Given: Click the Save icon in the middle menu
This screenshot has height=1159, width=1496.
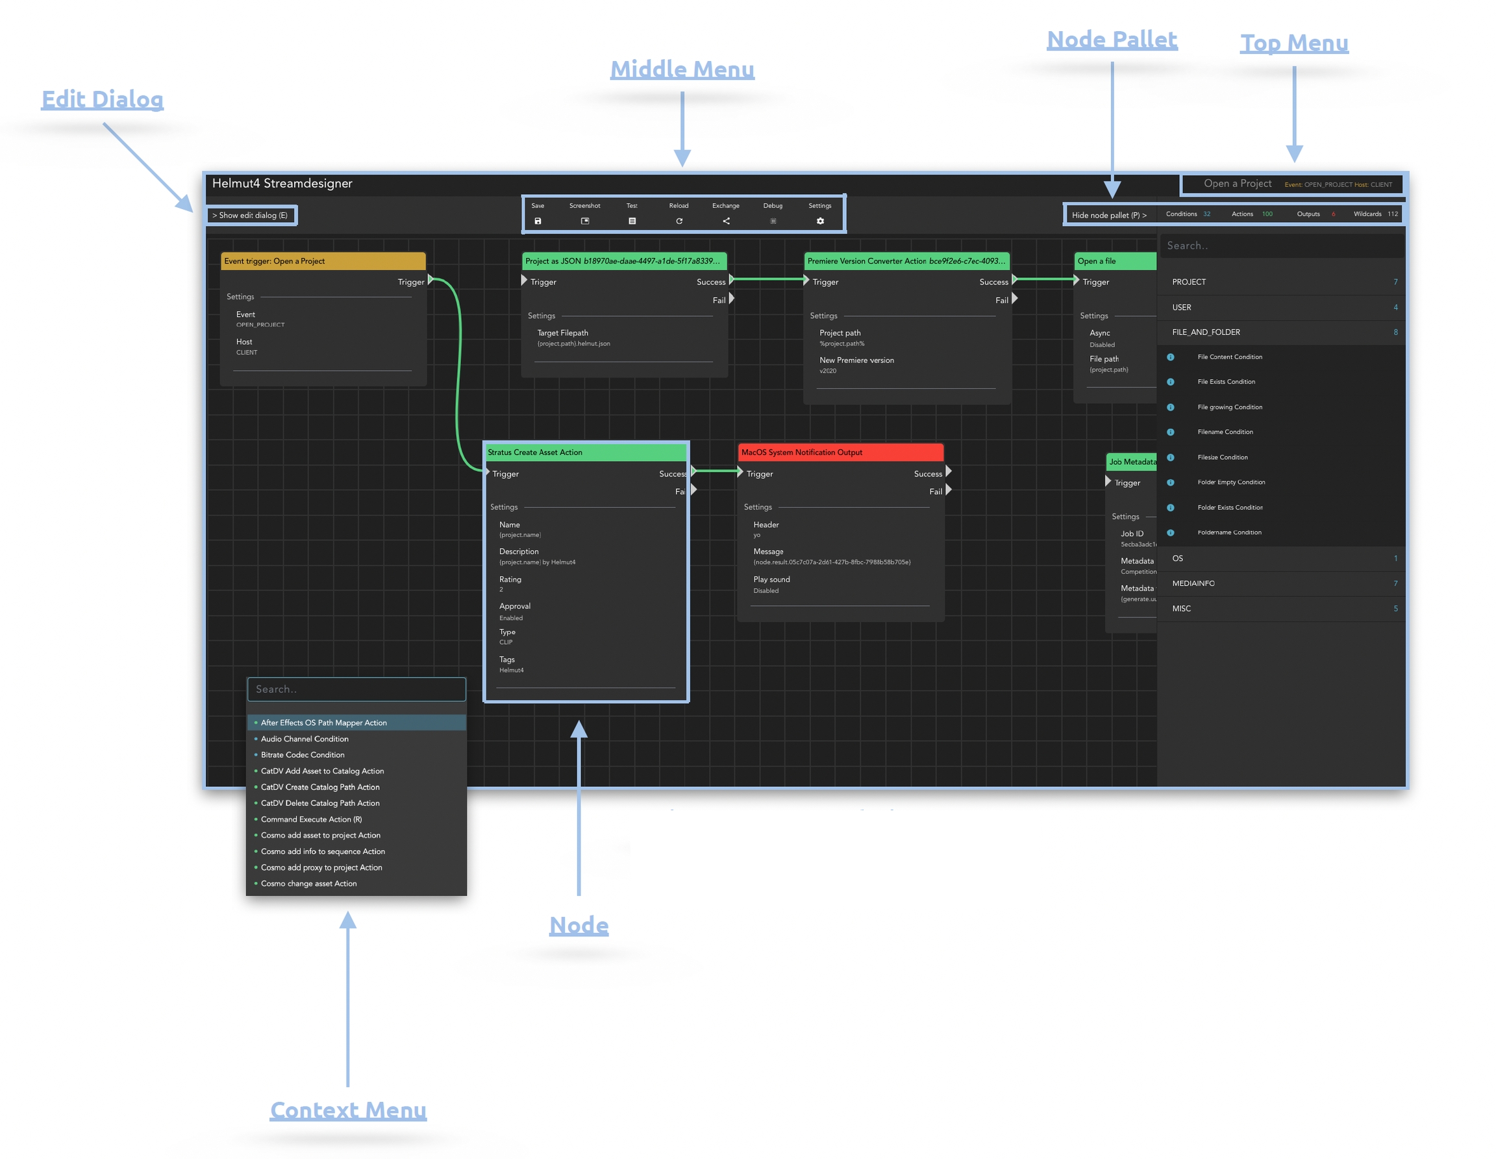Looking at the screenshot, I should [538, 221].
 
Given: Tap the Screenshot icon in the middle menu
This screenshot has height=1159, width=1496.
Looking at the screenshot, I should [585, 221].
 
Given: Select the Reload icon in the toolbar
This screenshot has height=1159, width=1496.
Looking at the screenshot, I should [679, 221].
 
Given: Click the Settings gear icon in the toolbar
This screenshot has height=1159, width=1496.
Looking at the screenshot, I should [820, 221].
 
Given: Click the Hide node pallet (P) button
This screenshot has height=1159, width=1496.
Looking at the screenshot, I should [1108, 215].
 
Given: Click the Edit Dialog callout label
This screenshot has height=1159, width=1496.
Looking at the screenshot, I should [102, 99].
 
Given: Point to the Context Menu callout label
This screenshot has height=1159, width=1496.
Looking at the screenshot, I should [348, 1110].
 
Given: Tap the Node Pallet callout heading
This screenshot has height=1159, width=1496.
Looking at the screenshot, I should [1112, 40].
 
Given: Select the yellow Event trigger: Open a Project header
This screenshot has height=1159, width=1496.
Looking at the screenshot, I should [323, 261].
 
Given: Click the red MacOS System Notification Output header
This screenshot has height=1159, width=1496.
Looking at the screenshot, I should [840, 452].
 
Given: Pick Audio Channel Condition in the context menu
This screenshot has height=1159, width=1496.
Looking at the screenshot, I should [305, 738].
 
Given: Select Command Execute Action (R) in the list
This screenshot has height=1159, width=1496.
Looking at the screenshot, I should [311, 819].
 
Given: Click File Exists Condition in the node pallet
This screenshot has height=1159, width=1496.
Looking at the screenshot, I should [1226, 382].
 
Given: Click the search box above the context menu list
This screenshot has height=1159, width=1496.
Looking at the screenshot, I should [356, 689].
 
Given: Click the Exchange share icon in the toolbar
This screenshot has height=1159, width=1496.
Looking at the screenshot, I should [726, 221].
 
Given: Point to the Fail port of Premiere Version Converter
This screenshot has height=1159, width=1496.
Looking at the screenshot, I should [1014, 299].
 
